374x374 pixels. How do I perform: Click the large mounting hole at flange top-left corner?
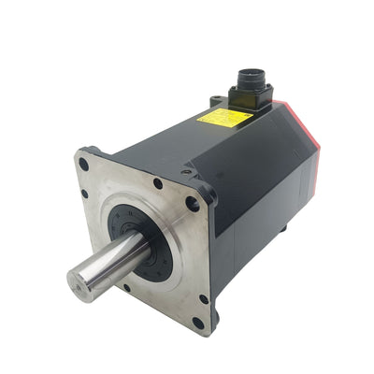(85, 165)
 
